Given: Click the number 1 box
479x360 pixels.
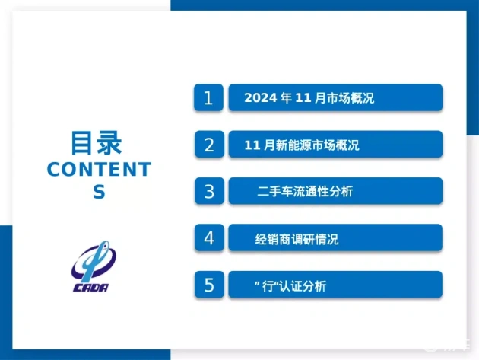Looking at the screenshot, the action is tap(208, 97).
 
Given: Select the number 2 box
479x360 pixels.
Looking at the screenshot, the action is tap(209, 145).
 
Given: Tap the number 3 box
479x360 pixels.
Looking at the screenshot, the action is tap(209, 191).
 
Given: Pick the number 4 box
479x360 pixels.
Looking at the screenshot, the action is tap(209, 238).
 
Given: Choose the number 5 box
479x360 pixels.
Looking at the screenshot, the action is tap(209, 285).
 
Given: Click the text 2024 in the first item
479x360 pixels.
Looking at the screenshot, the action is tap(261, 98).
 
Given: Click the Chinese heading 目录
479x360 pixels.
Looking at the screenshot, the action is tap(97, 142).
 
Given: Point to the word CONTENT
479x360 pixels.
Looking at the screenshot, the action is tap(100, 169).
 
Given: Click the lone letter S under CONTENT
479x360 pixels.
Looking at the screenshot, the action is tap(99, 192).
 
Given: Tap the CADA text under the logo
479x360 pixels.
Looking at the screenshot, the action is tap(90, 288).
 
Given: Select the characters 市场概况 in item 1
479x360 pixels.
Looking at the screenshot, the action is tap(351, 98).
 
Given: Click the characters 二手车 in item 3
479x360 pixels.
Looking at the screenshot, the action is tap(275, 192).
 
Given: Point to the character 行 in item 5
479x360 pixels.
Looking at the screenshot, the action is tap(268, 287).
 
